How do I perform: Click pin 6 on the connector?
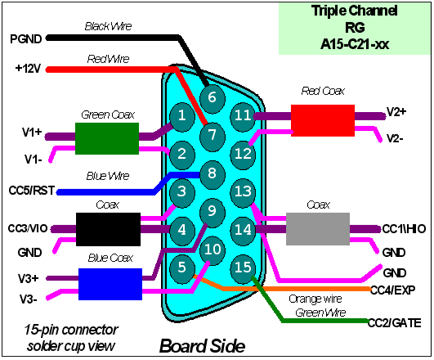pyautogui.click(x=213, y=97)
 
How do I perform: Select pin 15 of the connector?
pyautogui.click(x=243, y=268)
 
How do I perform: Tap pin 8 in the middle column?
pyautogui.click(x=213, y=173)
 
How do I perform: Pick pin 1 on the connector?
pyautogui.click(x=181, y=115)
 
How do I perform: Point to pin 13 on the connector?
pyautogui.click(x=243, y=191)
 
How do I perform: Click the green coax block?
pyautogui.click(x=107, y=138)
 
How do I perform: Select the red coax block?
pyautogui.click(x=323, y=120)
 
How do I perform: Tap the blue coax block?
pyautogui.click(x=110, y=284)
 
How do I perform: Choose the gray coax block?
pyautogui.click(x=318, y=229)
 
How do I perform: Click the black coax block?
pyautogui.click(x=108, y=229)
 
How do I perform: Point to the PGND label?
pyautogui.click(x=25, y=39)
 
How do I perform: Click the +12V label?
pyautogui.click(x=29, y=69)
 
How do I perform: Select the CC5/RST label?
pyautogui.click(x=32, y=191)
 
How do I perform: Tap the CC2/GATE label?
pyautogui.click(x=395, y=323)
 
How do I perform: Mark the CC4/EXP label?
pyautogui.click(x=393, y=290)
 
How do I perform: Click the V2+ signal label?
pyautogui.click(x=396, y=112)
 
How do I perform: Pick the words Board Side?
pyautogui.click(x=203, y=346)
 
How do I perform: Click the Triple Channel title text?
pyautogui.click(x=355, y=11)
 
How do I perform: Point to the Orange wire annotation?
pyautogui.click(x=315, y=299)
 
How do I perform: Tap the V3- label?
pyautogui.click(x=29, y=299)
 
